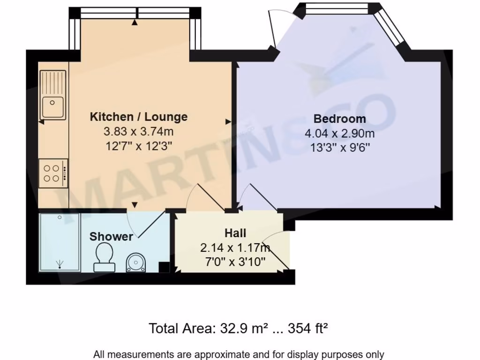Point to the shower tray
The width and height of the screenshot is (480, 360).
click(x=60, y=242)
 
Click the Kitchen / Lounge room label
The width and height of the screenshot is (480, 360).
click(x=138, y=117)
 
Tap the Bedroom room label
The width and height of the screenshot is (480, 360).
click(x=339, y=119)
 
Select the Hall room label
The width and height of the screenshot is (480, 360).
click(x=235, y=233)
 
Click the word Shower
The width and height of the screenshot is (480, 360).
click(x=111, y=237)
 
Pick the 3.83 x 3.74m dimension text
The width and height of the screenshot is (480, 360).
click(x=138, y=132)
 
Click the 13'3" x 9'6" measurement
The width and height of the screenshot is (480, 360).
click(x=339, y=147)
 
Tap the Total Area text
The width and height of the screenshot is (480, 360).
click(x=238, y=328)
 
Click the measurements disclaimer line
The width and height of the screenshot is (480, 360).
click(x=239, y=354)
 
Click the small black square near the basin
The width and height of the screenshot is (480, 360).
click(x=164, y=267)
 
